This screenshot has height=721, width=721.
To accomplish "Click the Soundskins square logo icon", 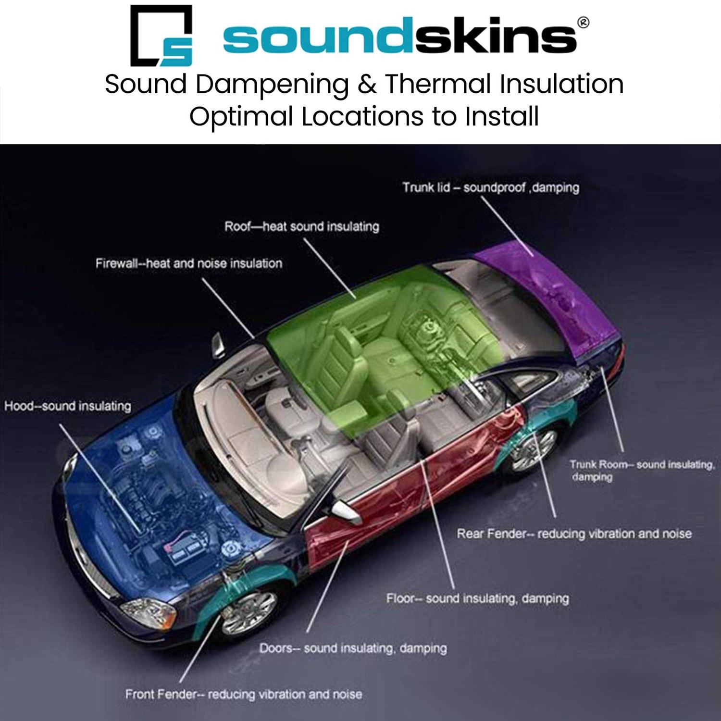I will pyautogui.click(x=162, y=36).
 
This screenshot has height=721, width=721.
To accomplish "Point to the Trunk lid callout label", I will pyautogui.click(x=490, y=187).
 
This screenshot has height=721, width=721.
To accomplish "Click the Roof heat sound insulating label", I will pyautogui.click(x=301, y=226).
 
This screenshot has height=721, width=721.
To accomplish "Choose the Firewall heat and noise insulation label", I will pyautogui.click(x=188, y=263).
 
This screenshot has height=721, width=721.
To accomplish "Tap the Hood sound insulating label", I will pyautogui.click(x=67, y=406).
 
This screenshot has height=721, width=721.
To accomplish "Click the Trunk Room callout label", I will pyautogui.click(x=642, y=470).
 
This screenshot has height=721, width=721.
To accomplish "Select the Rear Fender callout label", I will pyautogui.click(x=574, y=534).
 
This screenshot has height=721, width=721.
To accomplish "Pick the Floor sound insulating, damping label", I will pyautogui.click(x=477, y=598).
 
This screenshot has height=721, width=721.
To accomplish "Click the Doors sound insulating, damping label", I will pyautogui.click(x=353, y=648).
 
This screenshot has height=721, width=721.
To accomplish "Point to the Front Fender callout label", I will pyautogui.click(x=243, y=694).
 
